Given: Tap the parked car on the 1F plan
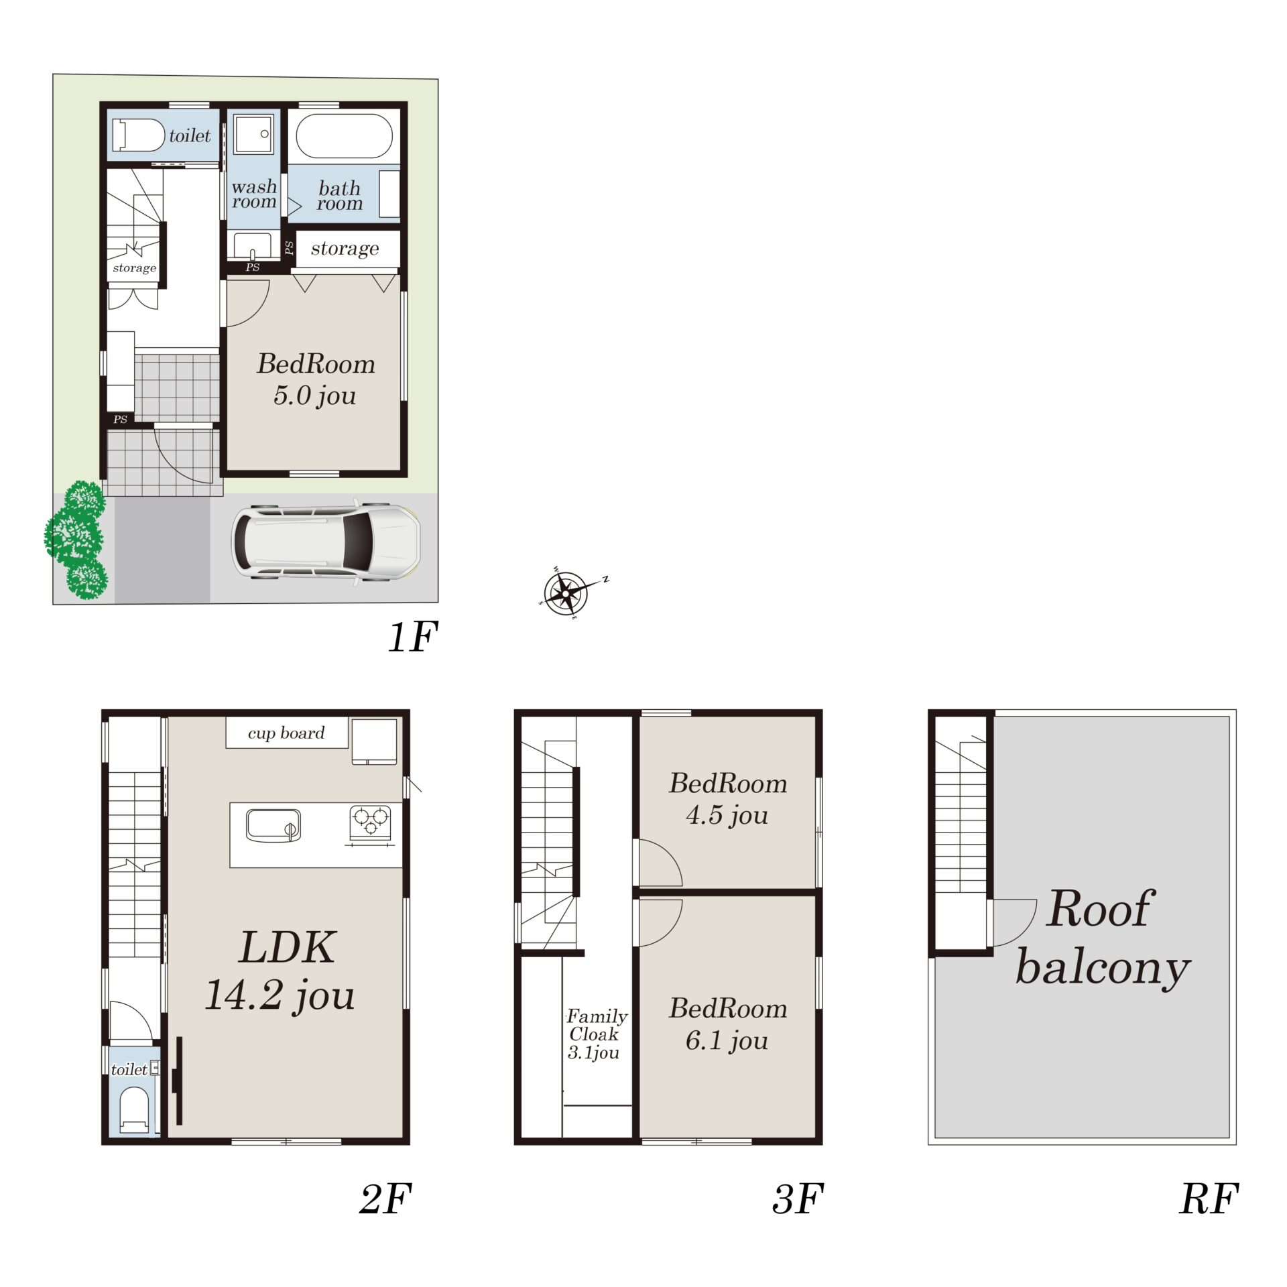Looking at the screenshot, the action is tap(326, 541).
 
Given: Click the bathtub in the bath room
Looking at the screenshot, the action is tap(344, 135).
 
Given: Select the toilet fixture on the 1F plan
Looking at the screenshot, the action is tap(138, 135).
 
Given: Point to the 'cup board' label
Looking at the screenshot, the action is tap(286, 733).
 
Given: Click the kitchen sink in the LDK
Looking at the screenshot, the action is tap(273, 824).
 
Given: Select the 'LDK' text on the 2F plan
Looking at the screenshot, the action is tap(287, 947).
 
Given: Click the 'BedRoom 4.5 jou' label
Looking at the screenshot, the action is tap(728, 799).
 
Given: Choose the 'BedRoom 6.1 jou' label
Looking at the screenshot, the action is tap(728, 1024).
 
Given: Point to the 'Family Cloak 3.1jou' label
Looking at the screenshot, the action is tap(596, 1034).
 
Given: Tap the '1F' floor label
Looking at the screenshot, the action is tap(413, 636).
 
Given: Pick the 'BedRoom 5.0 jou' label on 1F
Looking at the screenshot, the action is tap(316, 379).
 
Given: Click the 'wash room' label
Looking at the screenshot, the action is tap(254, 194).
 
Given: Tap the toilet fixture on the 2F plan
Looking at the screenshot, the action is tap(133, 1109).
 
